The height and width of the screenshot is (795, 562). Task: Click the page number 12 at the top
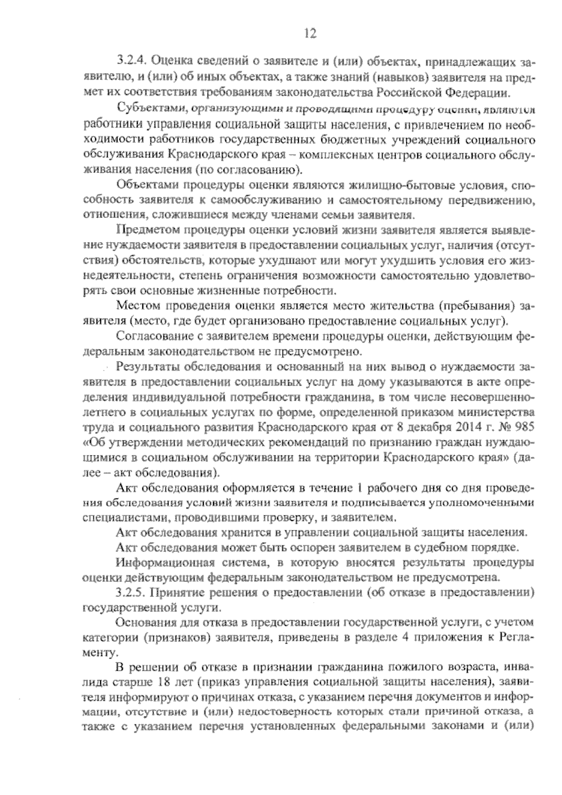click(310, 33)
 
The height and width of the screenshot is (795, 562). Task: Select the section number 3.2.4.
click(133, 62)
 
